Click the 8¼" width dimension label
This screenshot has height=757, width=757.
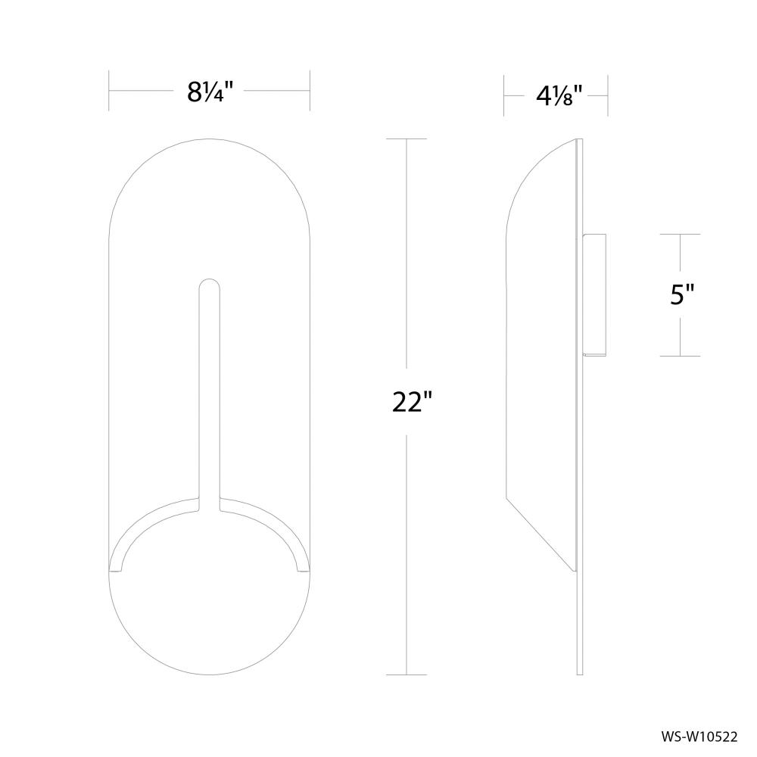click(209, 92)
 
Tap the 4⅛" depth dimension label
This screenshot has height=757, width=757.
click(557, 97)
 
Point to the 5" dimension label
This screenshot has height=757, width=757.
click(682, 294)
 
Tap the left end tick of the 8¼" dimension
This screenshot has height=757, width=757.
click(110, 90)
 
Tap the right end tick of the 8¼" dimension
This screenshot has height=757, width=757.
click(310, 90)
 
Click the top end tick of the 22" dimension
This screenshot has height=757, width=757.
click(407, 139)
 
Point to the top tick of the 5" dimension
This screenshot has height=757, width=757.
click(680, 235)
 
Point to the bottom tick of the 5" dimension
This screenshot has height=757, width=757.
click(680, 355)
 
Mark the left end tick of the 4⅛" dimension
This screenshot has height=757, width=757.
click(505, 96)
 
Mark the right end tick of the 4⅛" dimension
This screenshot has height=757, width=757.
click(609, 96)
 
